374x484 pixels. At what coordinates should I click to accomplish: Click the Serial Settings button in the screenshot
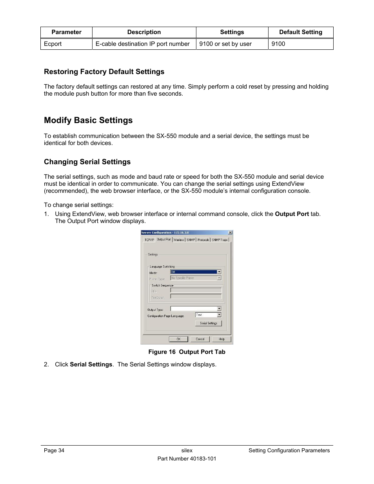209,323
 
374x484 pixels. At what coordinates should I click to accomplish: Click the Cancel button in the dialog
200,339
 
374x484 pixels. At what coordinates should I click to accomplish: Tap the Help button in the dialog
221,339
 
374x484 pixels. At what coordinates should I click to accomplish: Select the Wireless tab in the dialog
179,240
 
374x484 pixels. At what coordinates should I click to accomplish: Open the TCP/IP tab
149,240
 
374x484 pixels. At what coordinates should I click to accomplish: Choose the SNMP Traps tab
220,240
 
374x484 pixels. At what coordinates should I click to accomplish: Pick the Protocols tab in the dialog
203,240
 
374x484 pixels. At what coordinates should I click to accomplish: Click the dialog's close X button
230,233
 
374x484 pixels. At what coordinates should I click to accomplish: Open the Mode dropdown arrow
219,272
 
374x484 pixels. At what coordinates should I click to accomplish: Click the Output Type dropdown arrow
219,309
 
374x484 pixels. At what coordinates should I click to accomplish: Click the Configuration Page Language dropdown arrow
219,315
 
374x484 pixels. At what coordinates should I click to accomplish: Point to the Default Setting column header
301,32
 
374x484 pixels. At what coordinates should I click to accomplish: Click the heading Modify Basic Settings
88,120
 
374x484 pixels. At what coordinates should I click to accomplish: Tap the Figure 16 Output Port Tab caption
187,352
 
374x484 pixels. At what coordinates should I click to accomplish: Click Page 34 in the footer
54,451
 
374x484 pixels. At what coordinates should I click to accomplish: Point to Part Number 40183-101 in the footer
187,459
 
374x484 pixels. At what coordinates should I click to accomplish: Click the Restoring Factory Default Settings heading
104,72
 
